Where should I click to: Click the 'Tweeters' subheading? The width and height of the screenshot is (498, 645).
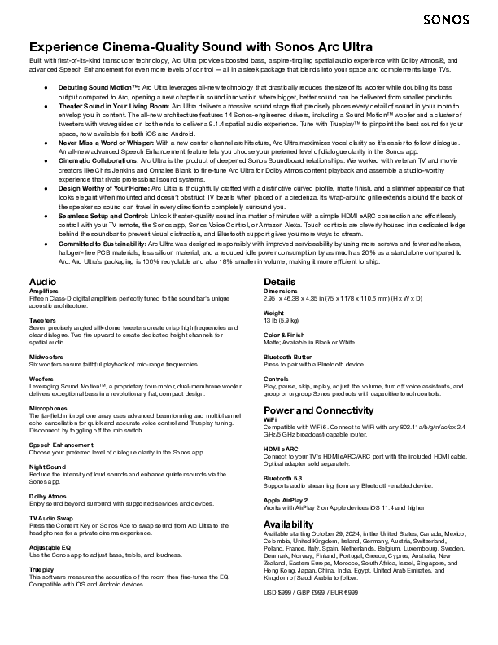41,321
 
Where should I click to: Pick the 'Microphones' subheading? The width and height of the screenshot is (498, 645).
46,407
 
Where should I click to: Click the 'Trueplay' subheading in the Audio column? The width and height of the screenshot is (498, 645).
41,568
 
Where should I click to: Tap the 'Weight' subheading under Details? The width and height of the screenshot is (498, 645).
273,313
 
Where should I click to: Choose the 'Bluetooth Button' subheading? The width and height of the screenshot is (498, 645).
288,357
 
